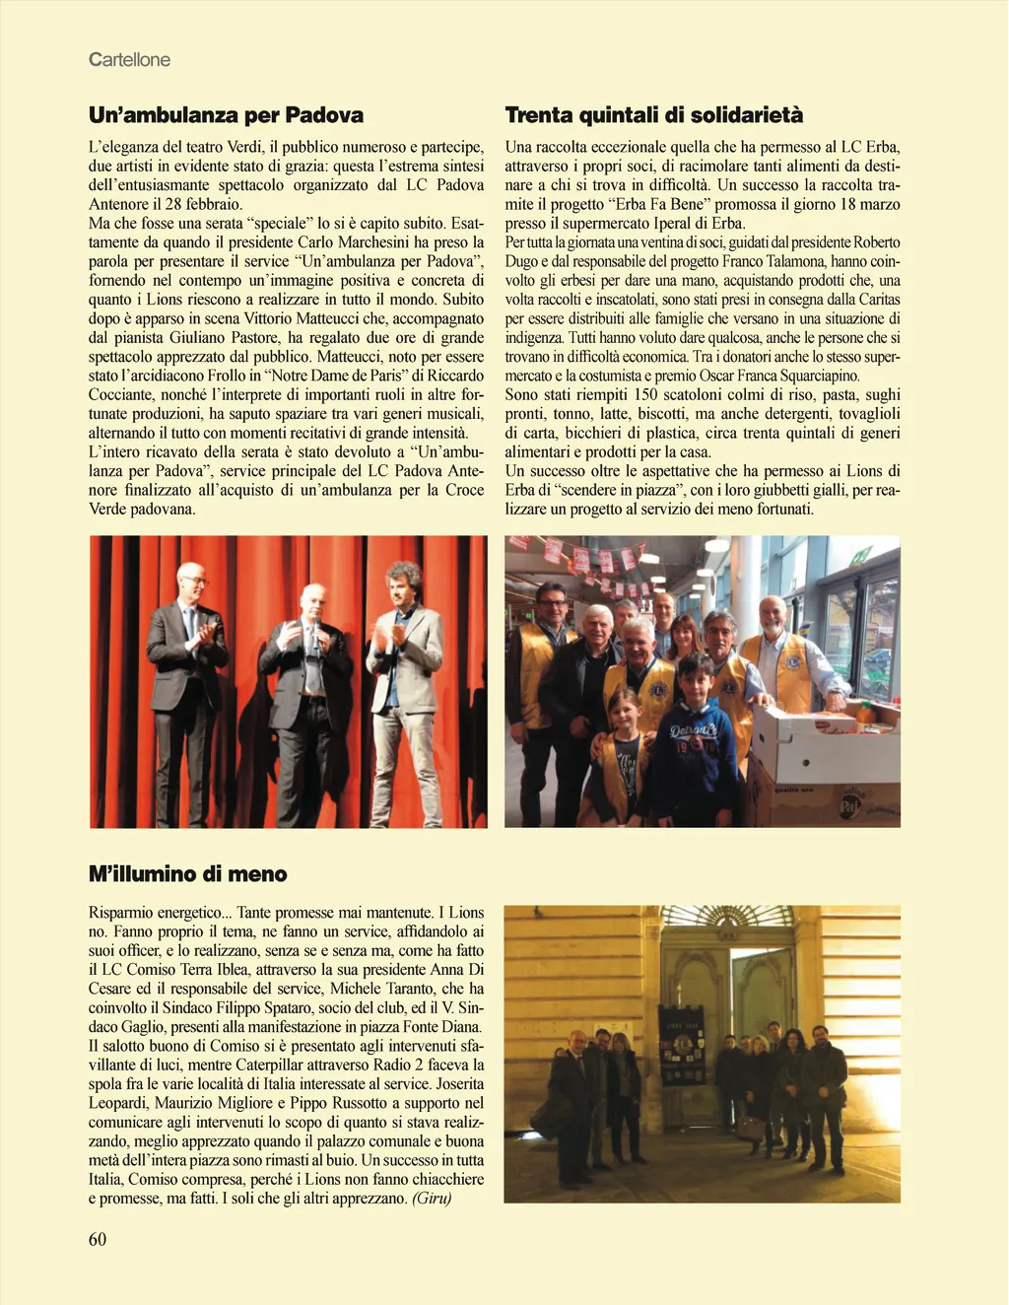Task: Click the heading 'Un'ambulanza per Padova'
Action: pos(226,115)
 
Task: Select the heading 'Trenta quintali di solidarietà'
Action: pos(653,115)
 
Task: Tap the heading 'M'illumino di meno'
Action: pos(187,874)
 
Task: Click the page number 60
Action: pos(98,1239)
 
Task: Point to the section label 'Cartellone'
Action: pos(129,60)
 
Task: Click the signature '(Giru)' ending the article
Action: pos(432,1199)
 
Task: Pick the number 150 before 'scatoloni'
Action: pos(645,395)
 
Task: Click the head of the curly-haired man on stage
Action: pos(403,577)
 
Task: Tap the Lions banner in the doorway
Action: pos(682,1046)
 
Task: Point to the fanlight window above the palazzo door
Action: pos(728,916)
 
